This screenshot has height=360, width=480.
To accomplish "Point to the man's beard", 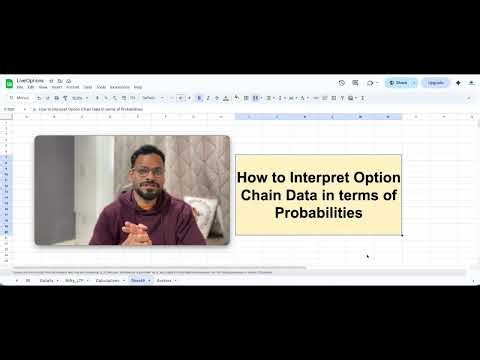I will (x=147, y=189).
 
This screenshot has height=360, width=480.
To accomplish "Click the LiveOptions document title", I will (x=30, y=80).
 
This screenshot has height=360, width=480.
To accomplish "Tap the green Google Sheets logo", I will (x=8, y=83).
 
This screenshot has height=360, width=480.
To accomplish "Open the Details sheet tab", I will (x=47, y=281).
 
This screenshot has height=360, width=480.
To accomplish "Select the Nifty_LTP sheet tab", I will (x=75, y=281).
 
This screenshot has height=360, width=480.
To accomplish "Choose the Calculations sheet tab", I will (x=108, y=281).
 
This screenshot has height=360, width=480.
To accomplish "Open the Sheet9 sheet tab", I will (x=138, y=281).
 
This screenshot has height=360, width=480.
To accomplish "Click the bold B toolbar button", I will (x=199, y=98).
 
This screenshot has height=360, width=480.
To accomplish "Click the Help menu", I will (x=138, y=88).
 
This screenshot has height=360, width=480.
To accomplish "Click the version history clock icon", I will (x=342, y=83).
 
